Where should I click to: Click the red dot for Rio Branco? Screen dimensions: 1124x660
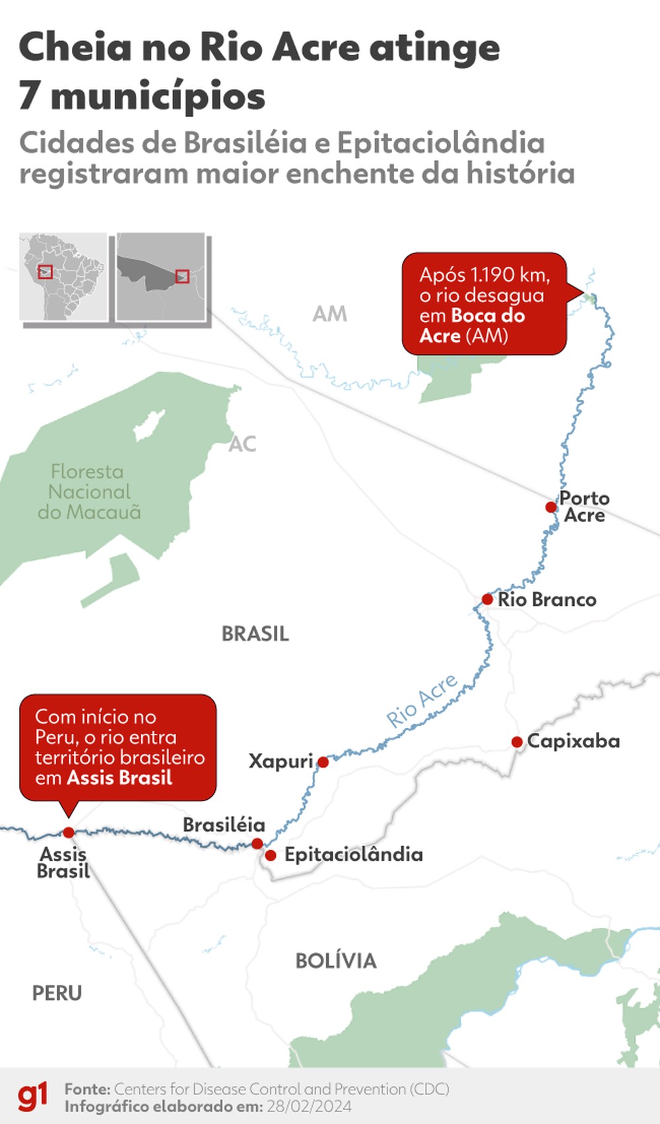point(487,599)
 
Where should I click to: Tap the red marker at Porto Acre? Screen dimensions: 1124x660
point(551,507)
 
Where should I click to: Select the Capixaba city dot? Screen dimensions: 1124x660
point(517,742)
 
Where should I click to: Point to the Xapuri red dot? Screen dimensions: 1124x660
point(323,762)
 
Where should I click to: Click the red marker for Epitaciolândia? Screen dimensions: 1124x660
point(271,855)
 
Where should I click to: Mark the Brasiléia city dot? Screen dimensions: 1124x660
point(257,843)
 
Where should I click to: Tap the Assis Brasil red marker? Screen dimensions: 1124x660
point(69,833)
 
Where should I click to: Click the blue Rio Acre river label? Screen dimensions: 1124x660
point(422,701)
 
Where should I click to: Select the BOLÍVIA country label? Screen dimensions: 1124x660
point(335,961)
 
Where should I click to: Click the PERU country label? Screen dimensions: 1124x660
point(57,993)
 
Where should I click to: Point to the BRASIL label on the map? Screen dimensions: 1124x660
point(255,634)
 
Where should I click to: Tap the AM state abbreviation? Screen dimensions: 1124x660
point(329,314)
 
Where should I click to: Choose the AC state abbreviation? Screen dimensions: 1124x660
point(242,444)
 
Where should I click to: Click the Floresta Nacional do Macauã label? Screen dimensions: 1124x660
point(89,492)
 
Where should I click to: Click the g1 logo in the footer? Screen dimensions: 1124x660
point(32,1097)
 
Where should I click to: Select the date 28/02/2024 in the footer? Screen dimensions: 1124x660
point(309,1107)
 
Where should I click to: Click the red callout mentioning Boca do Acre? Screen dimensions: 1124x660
point(484,304)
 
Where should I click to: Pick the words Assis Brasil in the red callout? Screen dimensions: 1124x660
point(119,778)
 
